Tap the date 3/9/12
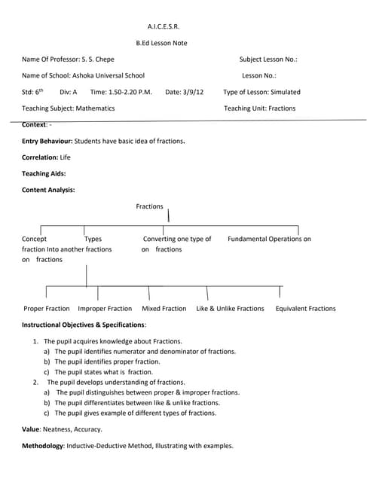tap(191, 92)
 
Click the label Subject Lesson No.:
tap(268, 59)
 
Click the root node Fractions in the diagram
tap(149, 206)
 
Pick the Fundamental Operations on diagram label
tap(269, 239)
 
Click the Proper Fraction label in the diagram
tap(47, 309)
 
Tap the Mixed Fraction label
tap(164, 309)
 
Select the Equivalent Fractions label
tap(305, 309)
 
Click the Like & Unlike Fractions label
tap(230, 309)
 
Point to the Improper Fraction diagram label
tap(105, 309)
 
